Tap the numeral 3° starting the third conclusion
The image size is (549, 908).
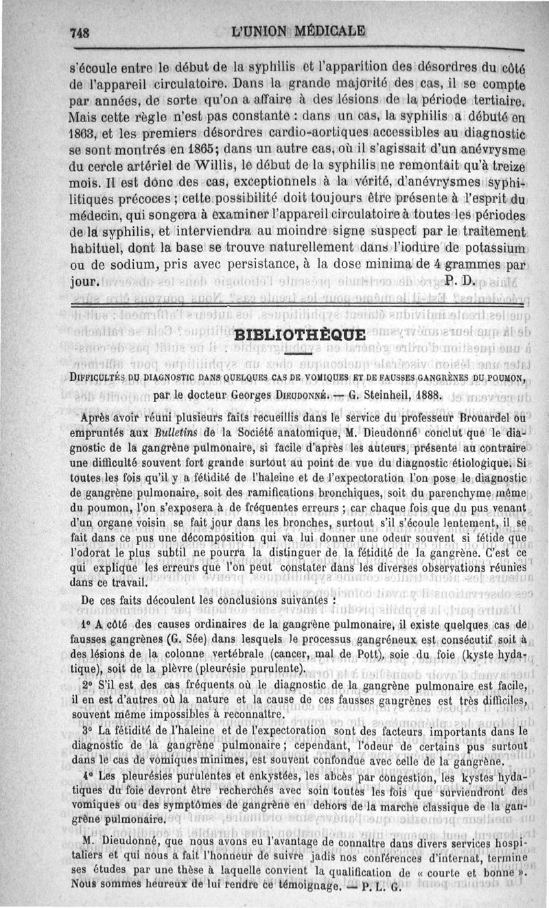point(87,732)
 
